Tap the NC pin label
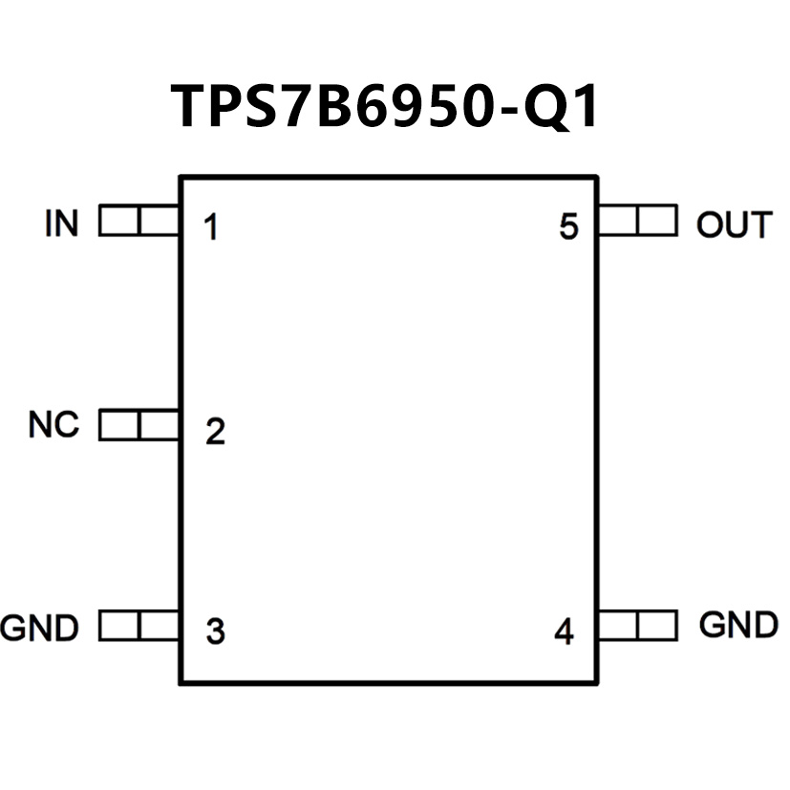click(53, 424)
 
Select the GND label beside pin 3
click(39, 629)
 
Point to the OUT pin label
click(733, 224)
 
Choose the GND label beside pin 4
click(738, 626)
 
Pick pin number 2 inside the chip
click(215, 432)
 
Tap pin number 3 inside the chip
click(215, 631)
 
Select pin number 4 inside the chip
click(565, 631)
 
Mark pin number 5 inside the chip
click(569, 228)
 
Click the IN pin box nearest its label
click(118, 223)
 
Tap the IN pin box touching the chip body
click(160, 223)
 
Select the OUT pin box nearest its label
click(657, 223)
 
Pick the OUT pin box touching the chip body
click(618, 223)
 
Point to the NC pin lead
click(139, 425)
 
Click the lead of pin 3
click(139, 627)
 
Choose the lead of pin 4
click(637, 627)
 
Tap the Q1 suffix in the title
click(565, 105)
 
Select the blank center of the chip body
click(389, 430)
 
